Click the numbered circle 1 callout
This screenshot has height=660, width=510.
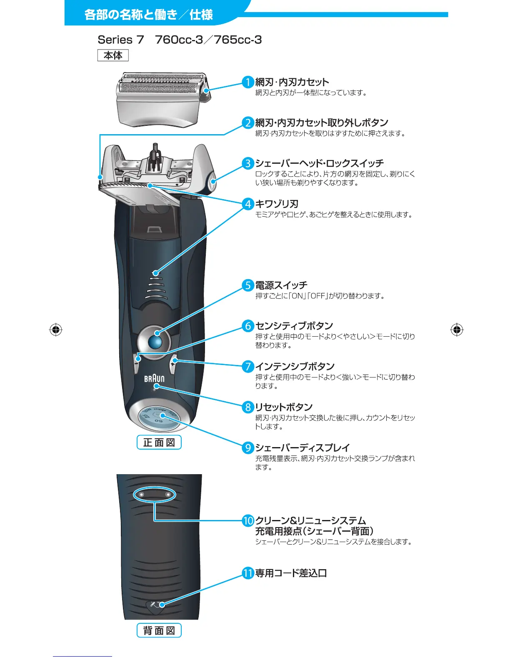pyautogui.click(x=248, y=82)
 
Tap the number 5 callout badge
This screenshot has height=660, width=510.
pyautogui.click(x=248, y=285)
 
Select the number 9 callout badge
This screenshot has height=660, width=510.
pyautogui.click(x=248, y=447)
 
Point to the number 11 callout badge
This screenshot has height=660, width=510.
pyautogui.click(x=248, y=573)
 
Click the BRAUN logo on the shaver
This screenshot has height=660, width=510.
pyautogui.click(x=154, y=379)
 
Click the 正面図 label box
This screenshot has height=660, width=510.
pyautogui.click(x=159, y=442)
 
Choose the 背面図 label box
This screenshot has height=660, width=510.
pyautogui.click(x=159, y=630)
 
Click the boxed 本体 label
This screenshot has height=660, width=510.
pyautogui.click(x=113, y=55)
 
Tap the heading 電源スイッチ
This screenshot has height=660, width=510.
pyautogui.click(x=281, y=285)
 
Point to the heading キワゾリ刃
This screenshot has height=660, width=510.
pyautogui.click(x=277, y=204)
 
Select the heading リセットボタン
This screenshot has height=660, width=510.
pyautogui.click(x=284, y=407)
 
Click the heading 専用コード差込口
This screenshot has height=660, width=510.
pyautogui.click(x=291, y=573)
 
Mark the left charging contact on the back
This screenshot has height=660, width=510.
pyautogui.click(x=141, y=495)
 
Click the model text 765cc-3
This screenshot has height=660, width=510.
pyautogui.click(x=238, y=40)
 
